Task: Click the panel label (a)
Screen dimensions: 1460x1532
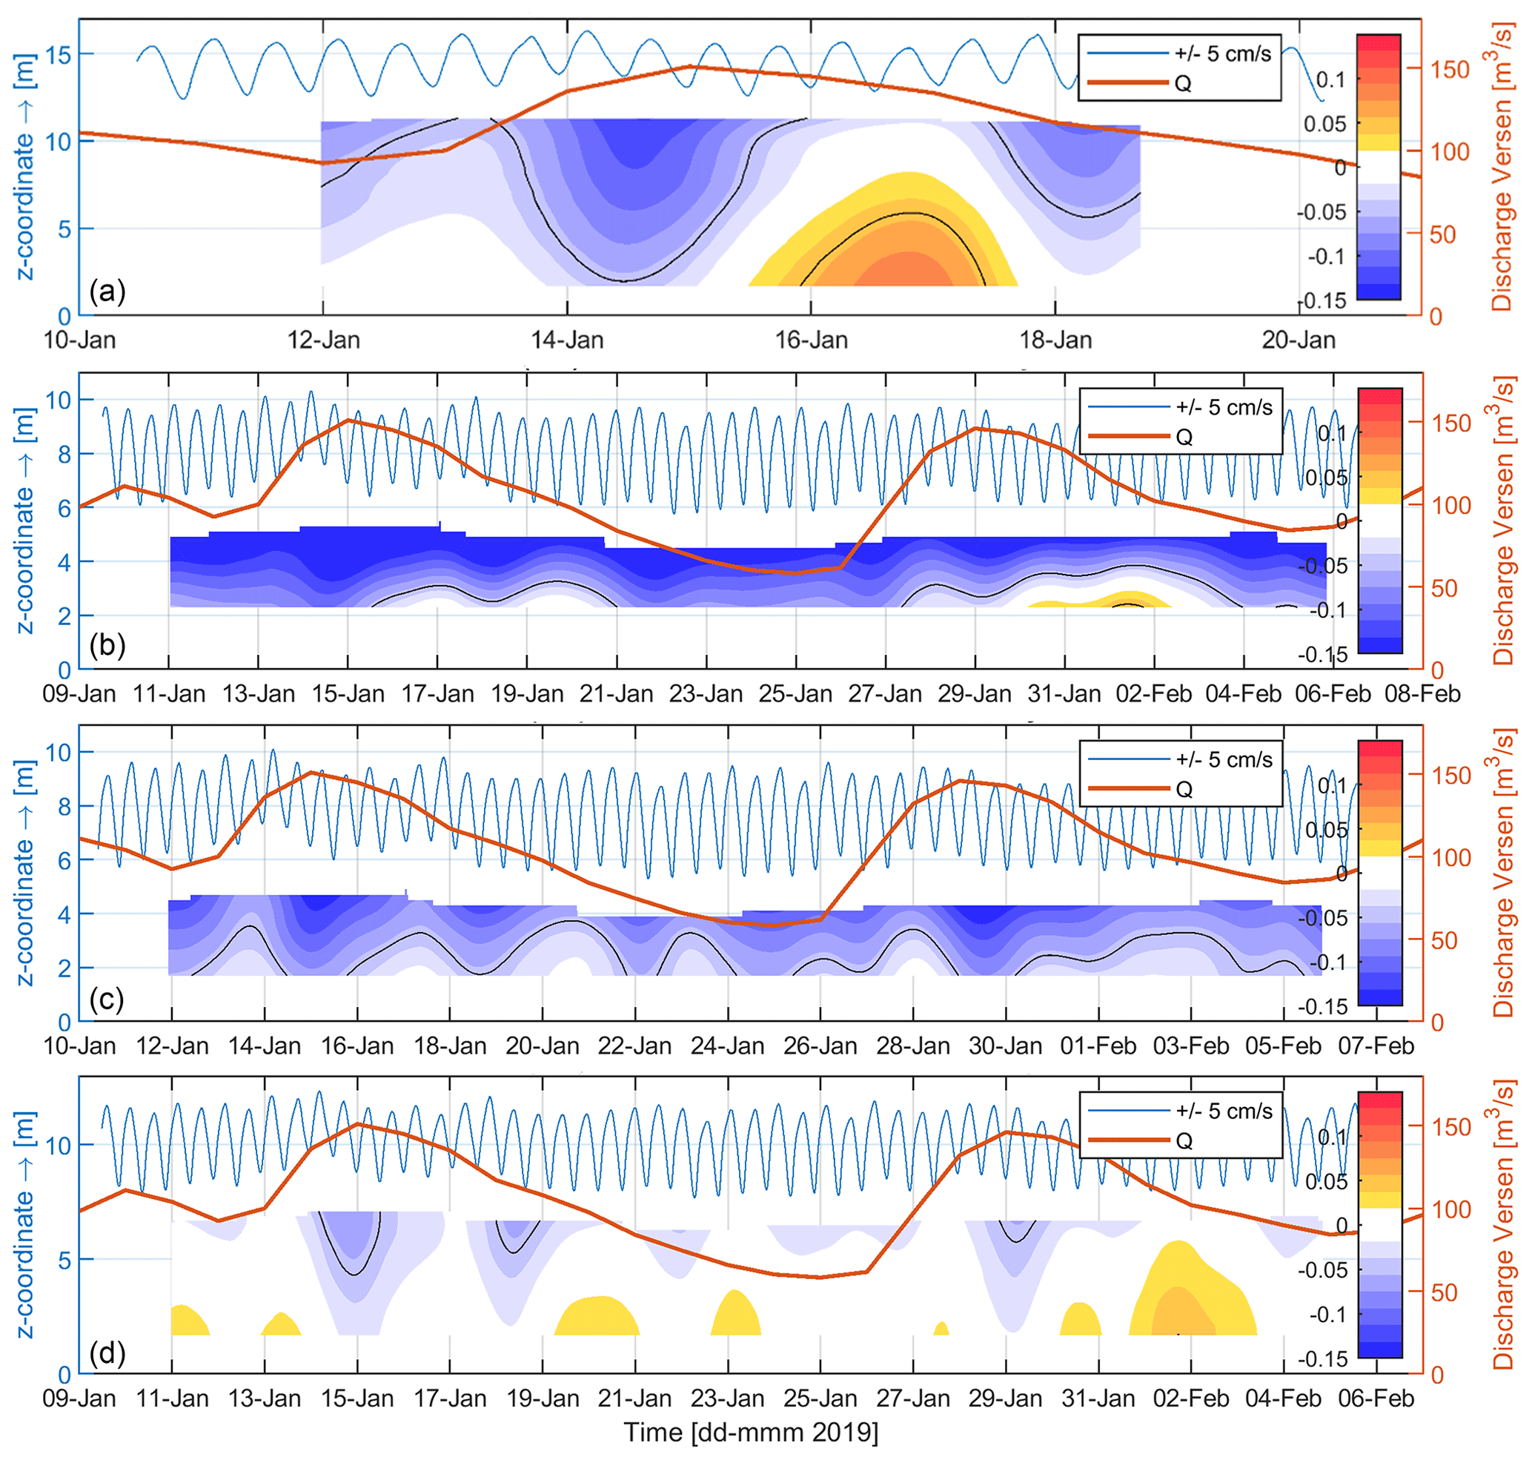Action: [x=107, y=292]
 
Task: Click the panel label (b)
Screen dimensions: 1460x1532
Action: [x=107, y=645]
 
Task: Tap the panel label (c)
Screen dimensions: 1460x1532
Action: [x=107, y=999]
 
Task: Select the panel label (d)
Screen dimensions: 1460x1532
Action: [x=107, y=1352]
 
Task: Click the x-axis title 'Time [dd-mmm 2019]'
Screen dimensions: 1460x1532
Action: [x=751, y=1432]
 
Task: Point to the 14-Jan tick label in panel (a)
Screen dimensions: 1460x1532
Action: [x=567, y=340]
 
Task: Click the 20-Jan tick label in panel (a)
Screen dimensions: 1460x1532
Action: [x=1298, y=340]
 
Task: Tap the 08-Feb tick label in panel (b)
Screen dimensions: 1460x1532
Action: [x=1422, y=693]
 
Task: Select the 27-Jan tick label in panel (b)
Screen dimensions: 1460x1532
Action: [x=885, y=693]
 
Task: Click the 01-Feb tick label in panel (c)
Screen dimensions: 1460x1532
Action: [x=1098, y=1046]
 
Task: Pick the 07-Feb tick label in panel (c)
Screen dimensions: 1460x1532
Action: [x=1376, y=1046]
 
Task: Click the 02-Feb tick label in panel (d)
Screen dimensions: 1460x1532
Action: [x=1190, y=1398]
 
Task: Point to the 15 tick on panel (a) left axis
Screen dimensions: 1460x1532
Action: [x=59, y=54]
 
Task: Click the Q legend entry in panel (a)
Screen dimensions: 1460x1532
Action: [x=1182, y=83]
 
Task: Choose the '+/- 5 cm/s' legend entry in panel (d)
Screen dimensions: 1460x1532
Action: [x=1224, y=1111]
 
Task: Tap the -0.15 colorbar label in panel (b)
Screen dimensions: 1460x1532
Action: [x=1322, y=655]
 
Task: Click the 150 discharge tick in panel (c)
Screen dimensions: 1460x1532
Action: [x=1450, y=776]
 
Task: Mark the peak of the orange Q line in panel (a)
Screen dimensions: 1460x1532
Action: [x=689, y=67]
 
